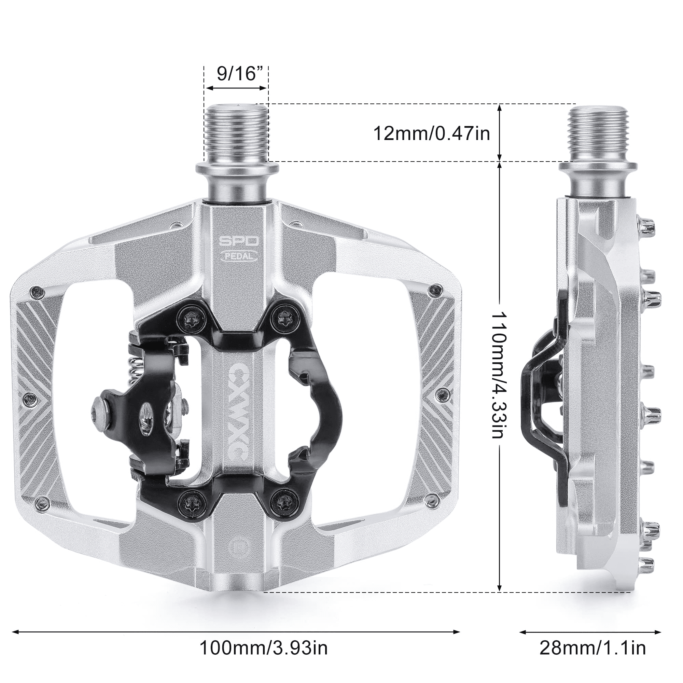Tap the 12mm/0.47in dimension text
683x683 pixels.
click(432, 134)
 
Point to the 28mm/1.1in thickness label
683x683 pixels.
click(593, 649)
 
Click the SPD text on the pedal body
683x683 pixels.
click(239, 242)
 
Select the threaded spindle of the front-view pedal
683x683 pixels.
click(237, 133)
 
